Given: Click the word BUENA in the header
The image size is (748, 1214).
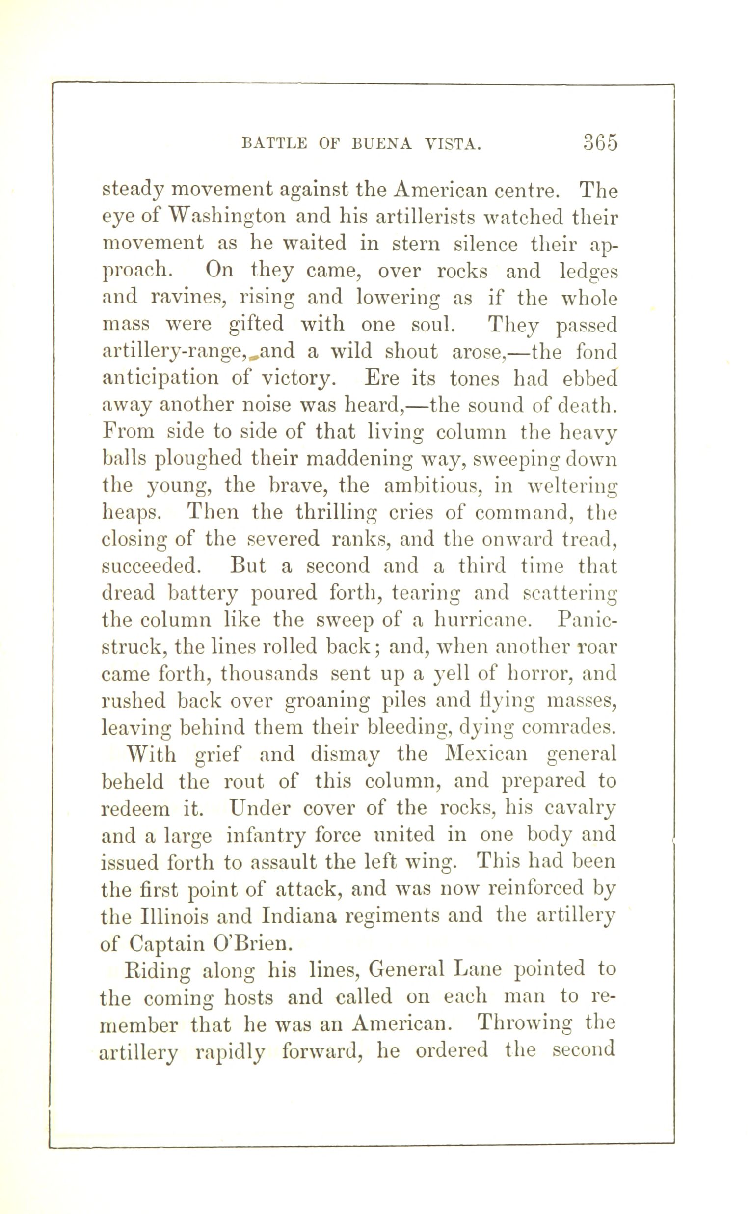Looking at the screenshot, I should [x=384, y=144].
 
